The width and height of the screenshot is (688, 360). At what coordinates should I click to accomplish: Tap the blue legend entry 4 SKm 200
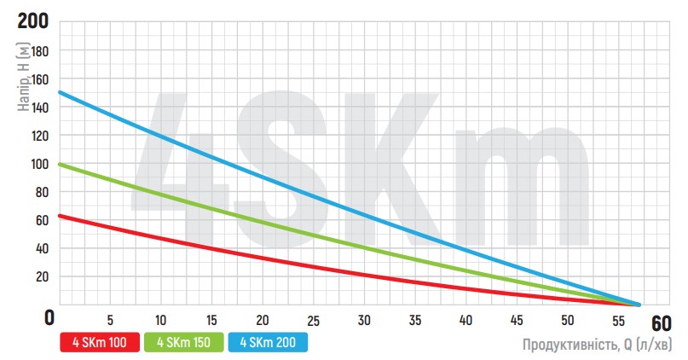(269, 342)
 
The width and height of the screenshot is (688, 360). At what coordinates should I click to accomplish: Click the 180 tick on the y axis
(41, 51)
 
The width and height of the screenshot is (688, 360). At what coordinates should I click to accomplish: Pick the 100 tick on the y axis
(41, 164)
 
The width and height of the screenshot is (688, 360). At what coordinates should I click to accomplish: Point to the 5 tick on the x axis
(110, 320)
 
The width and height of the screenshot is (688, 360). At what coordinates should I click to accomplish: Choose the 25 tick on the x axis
(314, 320)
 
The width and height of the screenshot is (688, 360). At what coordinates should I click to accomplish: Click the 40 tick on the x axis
(466, 320)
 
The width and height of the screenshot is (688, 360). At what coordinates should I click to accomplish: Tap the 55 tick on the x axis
(619, 320)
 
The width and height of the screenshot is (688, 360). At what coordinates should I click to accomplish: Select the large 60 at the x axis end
(662, 324)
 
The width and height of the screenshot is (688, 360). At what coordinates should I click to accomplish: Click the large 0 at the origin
(50, 317)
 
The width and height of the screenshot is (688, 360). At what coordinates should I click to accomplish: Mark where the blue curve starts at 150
(60, 92)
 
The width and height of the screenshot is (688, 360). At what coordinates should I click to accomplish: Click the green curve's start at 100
(60, 164)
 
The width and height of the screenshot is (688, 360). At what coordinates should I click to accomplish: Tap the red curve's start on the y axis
(60, 216)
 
